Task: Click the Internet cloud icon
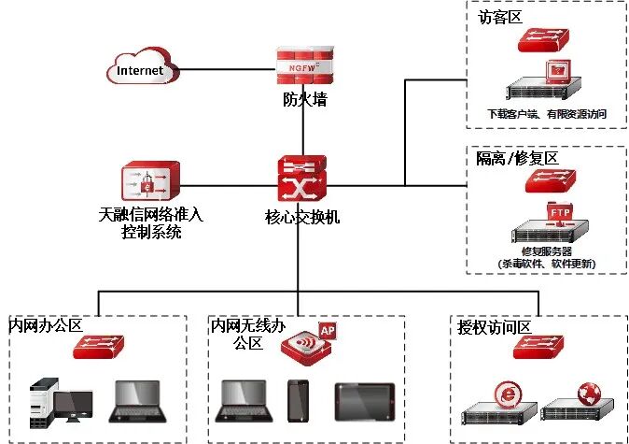pyautogui.click(x=140, y=69)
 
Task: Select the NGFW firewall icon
pyautogui.click(x=304, y=64)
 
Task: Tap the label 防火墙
pyautogui.click(x=304, y=98)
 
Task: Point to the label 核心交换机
pyautogui.click(x=302, y=217)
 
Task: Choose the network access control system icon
pyautogui.click(x=149, y=183)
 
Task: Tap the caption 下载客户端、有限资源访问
pyautogui.click(x=548, y=114)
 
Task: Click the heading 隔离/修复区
pyautogui.click(x=517, y=158)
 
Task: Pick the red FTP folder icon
pyautogui.click(x=561, y=212)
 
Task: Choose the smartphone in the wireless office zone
pyautogui.click(x=298, y=399)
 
